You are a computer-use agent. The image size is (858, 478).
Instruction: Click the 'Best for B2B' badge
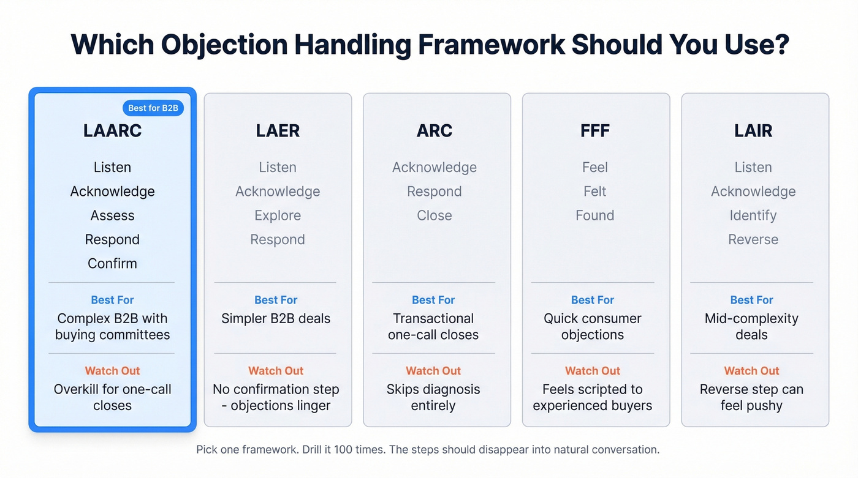[x=153, y=108]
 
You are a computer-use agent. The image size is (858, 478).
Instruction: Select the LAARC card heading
[x=112, y=131]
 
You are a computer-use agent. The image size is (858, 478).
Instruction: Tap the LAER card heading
[x=278, y=131]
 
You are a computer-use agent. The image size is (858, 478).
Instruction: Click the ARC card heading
[x=435, y=131]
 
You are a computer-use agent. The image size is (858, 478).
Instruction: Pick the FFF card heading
[x=594, y=131]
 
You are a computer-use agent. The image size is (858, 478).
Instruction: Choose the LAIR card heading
[x=753, y=131]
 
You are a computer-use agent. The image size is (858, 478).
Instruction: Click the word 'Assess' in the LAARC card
[x=112, y=215]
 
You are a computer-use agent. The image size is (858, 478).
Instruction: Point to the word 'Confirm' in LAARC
[x=112, y=263]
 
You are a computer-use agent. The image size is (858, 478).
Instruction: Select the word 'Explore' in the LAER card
[x=278, y=215]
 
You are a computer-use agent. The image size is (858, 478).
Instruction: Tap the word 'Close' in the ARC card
[x=435, y=215]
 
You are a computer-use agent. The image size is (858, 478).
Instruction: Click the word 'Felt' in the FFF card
[x=594, y=192]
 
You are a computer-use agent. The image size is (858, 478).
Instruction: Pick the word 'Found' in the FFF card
[x=594, y=215]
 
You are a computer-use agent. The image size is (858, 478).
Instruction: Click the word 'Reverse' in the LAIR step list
[x=753, y=239]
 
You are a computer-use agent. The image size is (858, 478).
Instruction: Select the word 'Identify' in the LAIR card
[x=753, y=215]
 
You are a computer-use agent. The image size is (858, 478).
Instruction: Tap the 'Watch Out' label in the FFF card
[x=593, y=371]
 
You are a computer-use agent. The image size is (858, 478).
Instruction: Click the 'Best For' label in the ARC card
[x=433, y=300]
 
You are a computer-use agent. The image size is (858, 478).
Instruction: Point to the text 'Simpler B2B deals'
[x=276, y=318]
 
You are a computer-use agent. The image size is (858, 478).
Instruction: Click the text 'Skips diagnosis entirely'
[x=433, y=397]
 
